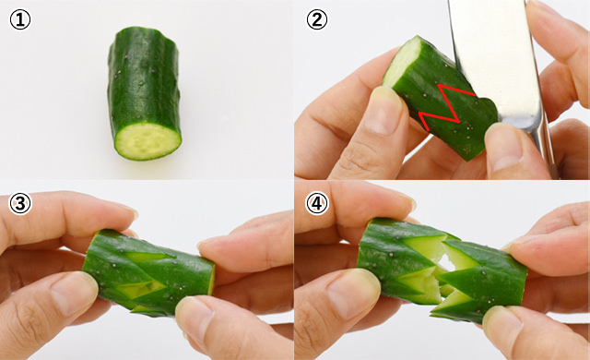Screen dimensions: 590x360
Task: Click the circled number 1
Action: click(20, 19)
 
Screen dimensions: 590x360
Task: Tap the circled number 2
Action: click(317, 19)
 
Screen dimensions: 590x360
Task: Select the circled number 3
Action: click(20, 204)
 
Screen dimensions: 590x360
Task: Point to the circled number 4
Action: click(317, 204)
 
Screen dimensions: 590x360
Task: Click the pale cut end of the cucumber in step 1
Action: click(147, 141)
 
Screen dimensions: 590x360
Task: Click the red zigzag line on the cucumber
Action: click(446, 106)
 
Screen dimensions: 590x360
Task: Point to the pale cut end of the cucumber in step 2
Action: click(403, 61)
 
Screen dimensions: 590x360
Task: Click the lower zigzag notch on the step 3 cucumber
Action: click(141, 289)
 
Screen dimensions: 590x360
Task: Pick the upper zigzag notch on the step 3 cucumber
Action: click(148, 257)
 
